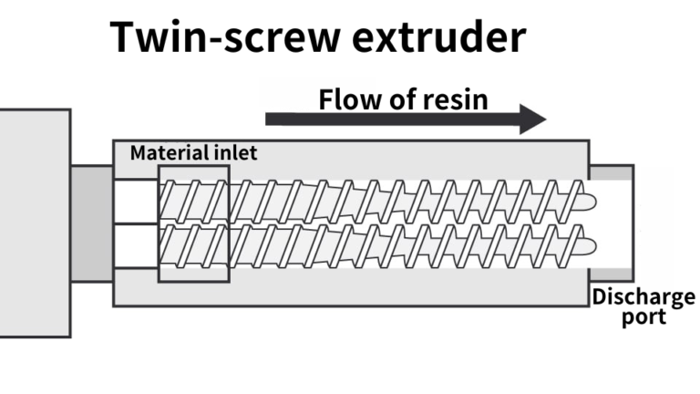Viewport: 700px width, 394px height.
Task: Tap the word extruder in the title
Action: (x=449, y=38)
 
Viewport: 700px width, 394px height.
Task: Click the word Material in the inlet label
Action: (x=166, y=153)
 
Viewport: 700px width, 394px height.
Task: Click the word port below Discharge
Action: (x=643, y=316)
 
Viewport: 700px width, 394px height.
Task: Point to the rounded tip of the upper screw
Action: (x=589, y=201)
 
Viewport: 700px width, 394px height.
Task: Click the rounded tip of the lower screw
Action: (x=589, y=245)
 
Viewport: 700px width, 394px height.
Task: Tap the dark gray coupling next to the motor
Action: (x=91, y=223)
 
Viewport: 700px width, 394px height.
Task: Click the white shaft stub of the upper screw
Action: (x=136, y=201)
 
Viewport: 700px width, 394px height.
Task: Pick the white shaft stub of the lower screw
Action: (x=136, y=245)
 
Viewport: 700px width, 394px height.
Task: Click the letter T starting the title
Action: (x=125, y=38)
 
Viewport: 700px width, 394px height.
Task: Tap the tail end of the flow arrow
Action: (x=270, y=119)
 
